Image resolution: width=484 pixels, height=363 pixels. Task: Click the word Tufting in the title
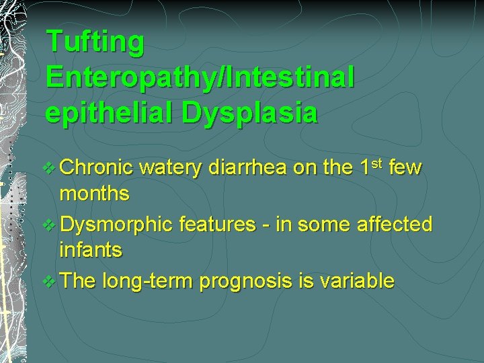point(95,42)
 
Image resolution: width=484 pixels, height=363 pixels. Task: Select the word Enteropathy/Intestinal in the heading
point(200,77)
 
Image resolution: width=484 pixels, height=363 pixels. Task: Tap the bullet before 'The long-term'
point(50,282)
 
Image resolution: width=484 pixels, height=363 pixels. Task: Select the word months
point(95,194)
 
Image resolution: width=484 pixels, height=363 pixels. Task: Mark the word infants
point(91,251)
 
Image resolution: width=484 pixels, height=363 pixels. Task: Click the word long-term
point(151,282)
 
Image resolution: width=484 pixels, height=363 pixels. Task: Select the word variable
point(360,281)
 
